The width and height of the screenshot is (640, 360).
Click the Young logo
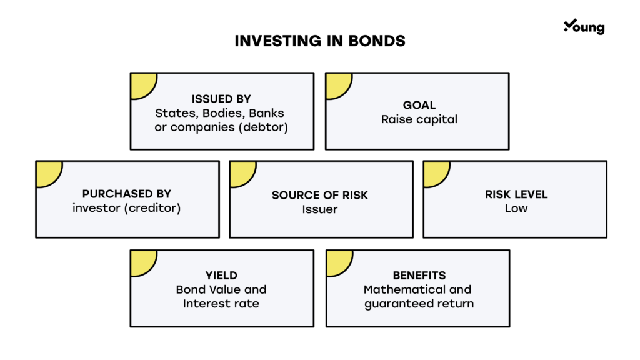[x=584, y=26]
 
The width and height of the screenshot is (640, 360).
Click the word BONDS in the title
[x=377, y=41]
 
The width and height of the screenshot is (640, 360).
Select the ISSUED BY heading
[x=221, y=99]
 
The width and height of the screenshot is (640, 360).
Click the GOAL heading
[x=419, y=105]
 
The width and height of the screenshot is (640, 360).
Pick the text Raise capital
[x=419, y=119]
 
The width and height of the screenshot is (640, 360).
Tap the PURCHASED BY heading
[x=126, y=194]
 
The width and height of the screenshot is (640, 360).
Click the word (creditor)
[x=152, y=208]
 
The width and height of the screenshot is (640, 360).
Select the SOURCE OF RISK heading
[x=320, y=196]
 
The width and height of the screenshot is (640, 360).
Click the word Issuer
[x=320, y=209]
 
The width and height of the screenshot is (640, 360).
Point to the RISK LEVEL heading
[x=516, y=194]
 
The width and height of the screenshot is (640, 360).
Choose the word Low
[x=516, y=209]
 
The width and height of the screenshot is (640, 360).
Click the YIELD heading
[x=221, y=276]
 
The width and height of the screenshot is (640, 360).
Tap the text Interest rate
[x=221, y=304]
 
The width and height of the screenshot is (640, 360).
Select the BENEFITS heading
[x=419, y=276]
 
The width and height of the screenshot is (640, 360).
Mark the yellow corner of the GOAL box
[x=337, y=84]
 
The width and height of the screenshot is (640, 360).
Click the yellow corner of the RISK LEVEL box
[x=435, y=172]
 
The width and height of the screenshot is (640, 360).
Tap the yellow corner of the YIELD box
[x=142, y=262]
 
